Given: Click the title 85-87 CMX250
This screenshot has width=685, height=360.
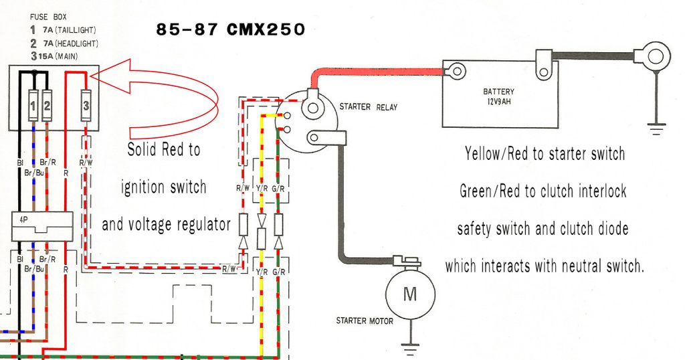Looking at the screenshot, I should pyautogui.click(x=231, y=30).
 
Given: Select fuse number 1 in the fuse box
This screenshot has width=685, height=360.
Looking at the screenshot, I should pyautogui.click(x=33, y=105).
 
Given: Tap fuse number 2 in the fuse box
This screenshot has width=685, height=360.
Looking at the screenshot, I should pyautogui.click(x=47, y=105).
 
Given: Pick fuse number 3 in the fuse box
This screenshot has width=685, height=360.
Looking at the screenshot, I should pyautogui.click(x=86, y=105).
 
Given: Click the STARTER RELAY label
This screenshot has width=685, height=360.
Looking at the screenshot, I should pyautogui.click(x=365, y=106).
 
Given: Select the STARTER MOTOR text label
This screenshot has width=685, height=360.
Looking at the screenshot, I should pyautogui.click(x=365, y=321).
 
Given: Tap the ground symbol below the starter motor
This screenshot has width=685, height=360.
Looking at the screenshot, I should pyautogui.click(x=409, y=347).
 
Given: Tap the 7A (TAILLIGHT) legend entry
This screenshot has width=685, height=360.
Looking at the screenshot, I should pyautogui.click(x=67, y=30).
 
